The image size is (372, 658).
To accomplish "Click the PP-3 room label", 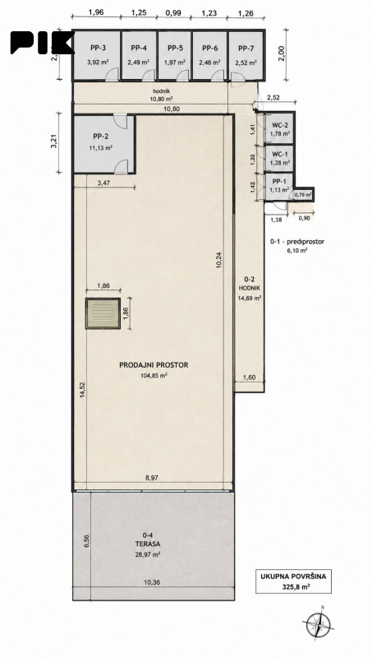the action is click(x=96, y=48).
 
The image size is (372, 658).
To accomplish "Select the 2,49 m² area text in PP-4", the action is click(x=139, y=63).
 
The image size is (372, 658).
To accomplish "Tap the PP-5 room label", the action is click(x=174, y=48).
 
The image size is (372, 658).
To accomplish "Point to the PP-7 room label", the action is click(x=246, y=48).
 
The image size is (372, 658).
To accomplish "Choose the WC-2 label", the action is click(x=279, y=126).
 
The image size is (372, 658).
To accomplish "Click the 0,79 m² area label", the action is click(x=303, y=195).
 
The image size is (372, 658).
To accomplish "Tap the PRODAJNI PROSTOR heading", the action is click(x=154, y=365).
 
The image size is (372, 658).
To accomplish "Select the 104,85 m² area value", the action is click(x=154, y=376).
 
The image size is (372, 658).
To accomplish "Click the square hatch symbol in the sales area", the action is click(x=103, y=313).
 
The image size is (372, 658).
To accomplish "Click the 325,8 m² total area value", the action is click(x=294, y=586).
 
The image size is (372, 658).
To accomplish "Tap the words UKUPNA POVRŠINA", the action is click(x=293, y=577).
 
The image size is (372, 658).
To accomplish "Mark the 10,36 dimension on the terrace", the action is click(x=152, y=582).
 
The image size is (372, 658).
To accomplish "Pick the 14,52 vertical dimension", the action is click(x=82, y=390).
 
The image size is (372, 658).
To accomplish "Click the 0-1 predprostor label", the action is click(x=298, y=242).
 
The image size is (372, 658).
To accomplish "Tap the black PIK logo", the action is click(x=42, y=43).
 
